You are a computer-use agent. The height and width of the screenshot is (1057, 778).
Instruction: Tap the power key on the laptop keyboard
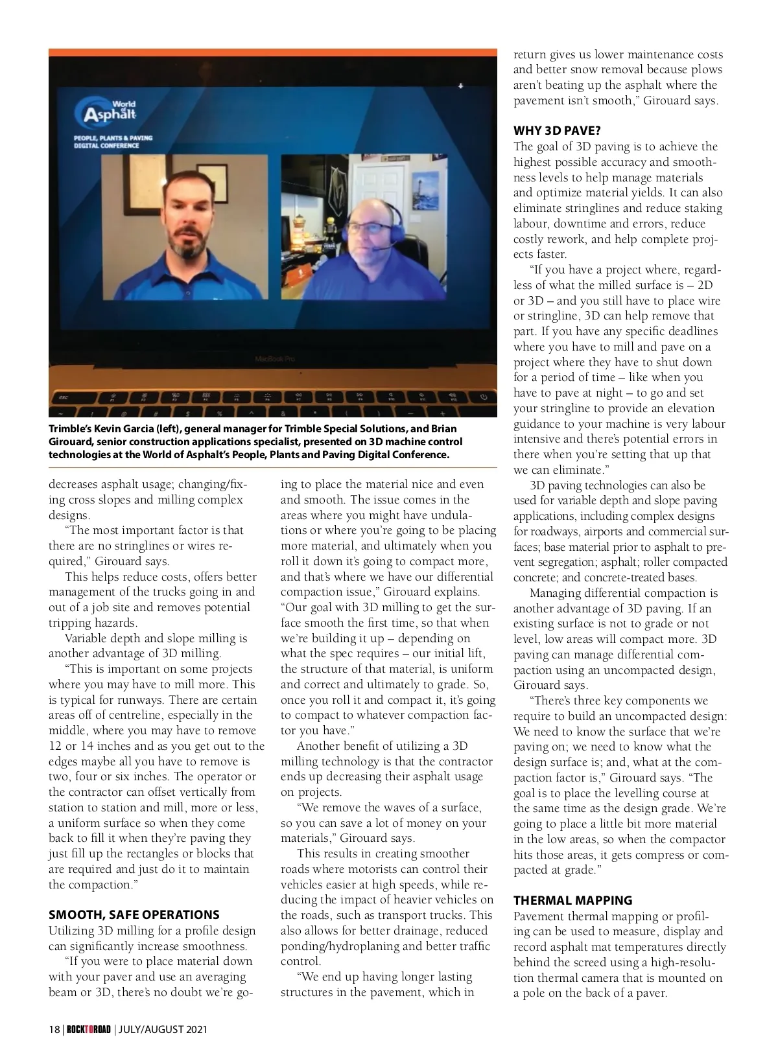tap(483, 397)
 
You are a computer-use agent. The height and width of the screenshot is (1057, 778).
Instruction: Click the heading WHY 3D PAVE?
tap(557, 131)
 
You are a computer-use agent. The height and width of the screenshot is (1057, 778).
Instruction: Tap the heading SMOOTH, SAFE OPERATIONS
tap(134, 914)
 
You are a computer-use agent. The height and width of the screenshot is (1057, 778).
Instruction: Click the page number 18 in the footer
tap(54, 1029)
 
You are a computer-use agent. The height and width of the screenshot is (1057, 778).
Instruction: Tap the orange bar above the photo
tap(272, 52)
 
